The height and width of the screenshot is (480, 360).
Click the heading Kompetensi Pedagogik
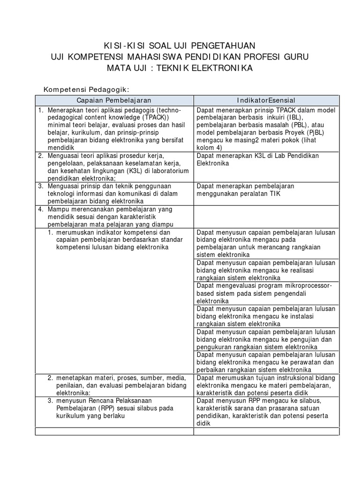click(x=86, y=89)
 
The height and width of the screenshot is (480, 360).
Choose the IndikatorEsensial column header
click(x=266, y=100)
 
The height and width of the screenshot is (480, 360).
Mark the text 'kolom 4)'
click(x=210, y=148)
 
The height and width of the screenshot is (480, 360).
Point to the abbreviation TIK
click(x=271, y=194)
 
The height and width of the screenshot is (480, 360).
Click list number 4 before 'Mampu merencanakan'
click(x=41, y=209)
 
